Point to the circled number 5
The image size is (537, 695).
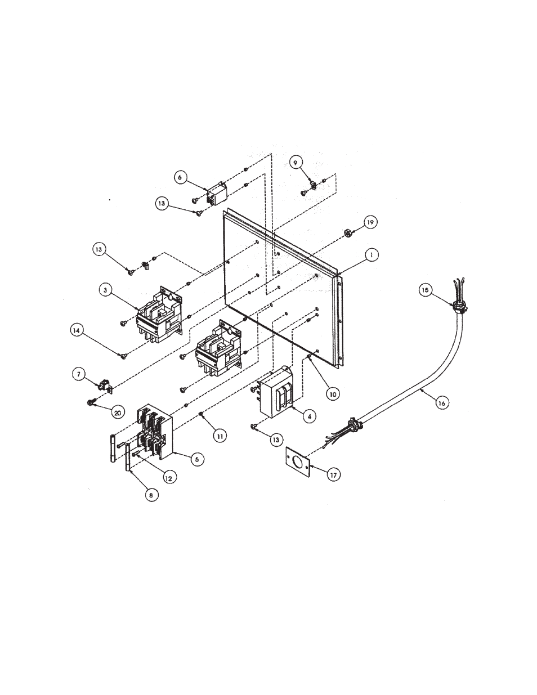point(196,459)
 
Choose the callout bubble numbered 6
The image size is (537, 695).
point(180,177)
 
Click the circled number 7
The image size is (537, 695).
point(79,374)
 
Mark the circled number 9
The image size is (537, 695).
point(296,162)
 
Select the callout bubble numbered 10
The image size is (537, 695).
point(332,394)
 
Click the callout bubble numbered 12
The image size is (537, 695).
point(168,477)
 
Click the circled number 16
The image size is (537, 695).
point(443,403)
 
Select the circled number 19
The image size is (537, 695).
point(369,222)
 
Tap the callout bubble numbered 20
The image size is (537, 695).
point(117,412)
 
